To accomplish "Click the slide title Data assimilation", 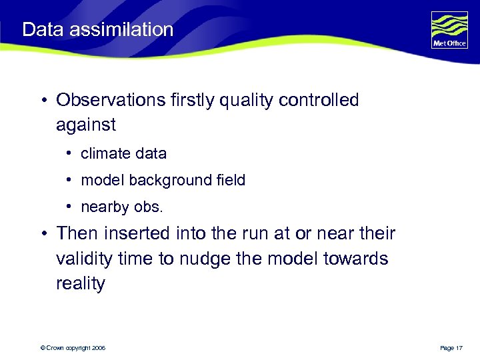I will (x=97, y=30).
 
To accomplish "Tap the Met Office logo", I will (x=449, y=30).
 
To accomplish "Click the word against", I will (x=86, y=125).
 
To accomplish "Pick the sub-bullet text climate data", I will (x=123, y=153).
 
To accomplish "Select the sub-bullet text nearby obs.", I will (x=121, y=207).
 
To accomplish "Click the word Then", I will (x=77, y=234).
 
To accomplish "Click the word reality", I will (x=81, y=283).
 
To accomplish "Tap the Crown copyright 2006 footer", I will (x=73, y=348).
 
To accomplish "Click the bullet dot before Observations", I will (x=42, y=101).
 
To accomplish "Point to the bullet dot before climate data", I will (x=69, y=154).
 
